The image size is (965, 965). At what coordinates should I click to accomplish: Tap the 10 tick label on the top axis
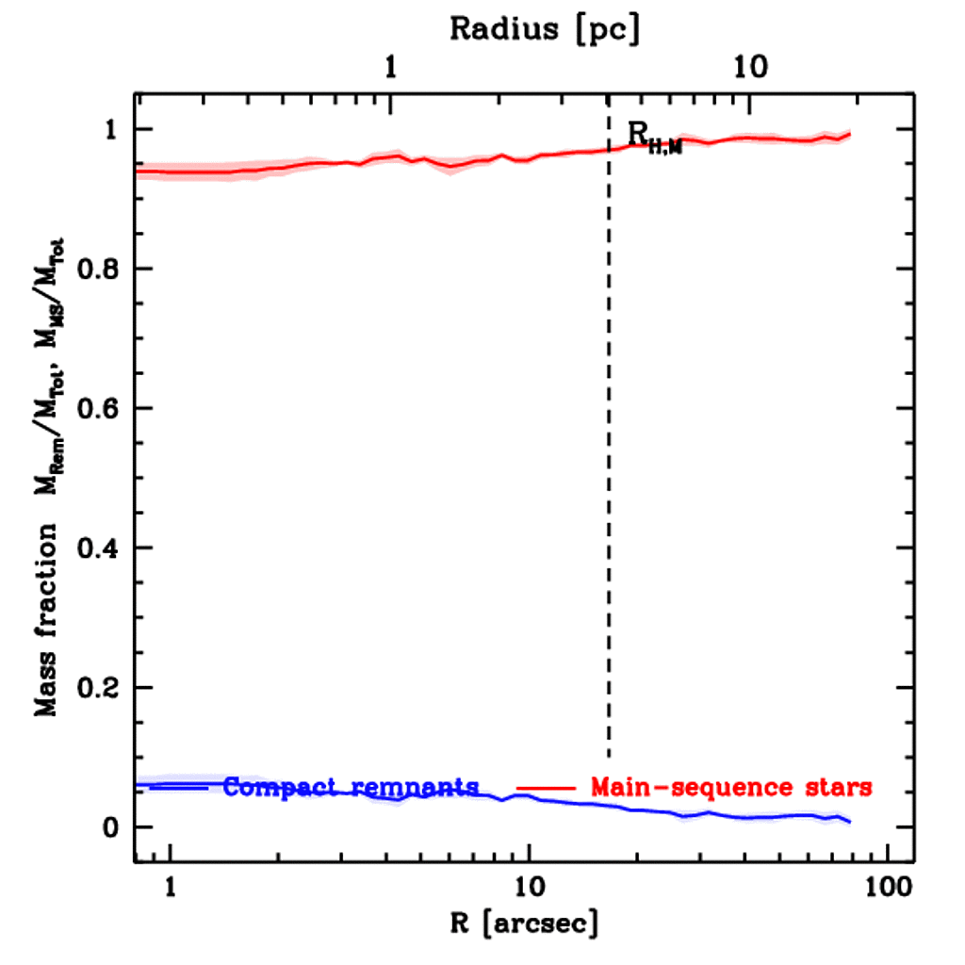pos(750,67)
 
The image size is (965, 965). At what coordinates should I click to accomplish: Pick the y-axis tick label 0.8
pos(100,270)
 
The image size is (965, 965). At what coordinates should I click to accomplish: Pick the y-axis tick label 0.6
pos(100,409)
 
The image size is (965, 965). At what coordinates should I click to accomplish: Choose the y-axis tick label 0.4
pos(100,548)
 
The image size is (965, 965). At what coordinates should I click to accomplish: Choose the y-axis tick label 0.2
pos(100,688)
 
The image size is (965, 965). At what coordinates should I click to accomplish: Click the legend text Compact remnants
pos(351,787)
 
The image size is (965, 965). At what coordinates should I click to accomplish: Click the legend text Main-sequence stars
pos(730,787)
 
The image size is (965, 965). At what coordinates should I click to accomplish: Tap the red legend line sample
pos(546,787)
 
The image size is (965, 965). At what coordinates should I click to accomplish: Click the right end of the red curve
pos(849,135)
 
